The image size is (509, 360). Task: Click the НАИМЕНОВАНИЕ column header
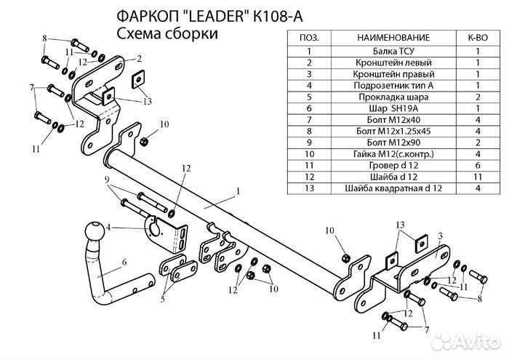393,37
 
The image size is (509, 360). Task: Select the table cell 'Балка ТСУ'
393,51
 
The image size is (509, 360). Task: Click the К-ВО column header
477,37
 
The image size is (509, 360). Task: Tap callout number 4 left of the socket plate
109,227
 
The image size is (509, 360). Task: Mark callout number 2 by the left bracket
137,57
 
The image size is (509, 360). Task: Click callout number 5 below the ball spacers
164,297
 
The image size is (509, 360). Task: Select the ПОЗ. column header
309,37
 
